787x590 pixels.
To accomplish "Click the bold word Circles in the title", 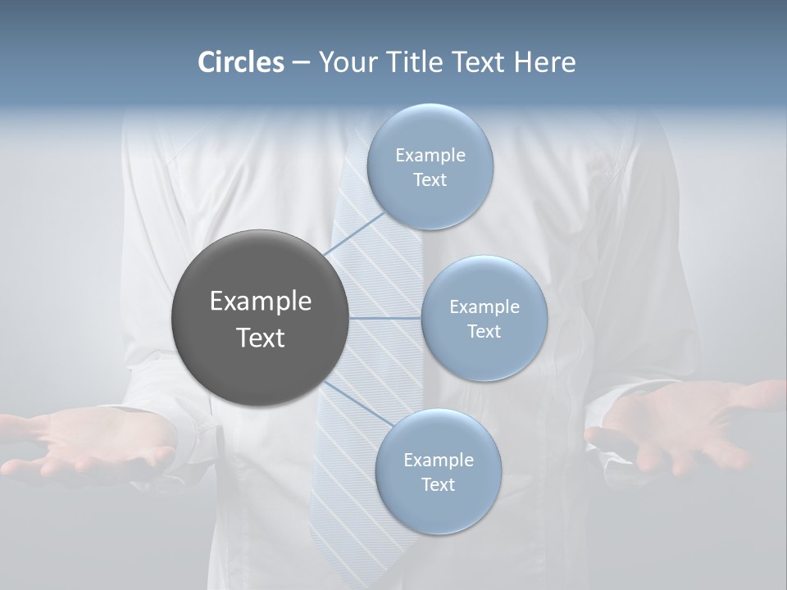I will point(241,62).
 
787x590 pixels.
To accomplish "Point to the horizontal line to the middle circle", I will point(384,318).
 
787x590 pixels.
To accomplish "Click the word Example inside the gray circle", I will point(260,302).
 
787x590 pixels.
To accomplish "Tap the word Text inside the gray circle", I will point(260,338).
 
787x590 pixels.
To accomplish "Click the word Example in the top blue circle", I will point(430,155).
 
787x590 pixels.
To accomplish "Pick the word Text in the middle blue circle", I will point(484,331).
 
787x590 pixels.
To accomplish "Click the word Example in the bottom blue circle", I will point(438,460).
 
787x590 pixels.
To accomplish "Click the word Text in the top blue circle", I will point(430,179).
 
